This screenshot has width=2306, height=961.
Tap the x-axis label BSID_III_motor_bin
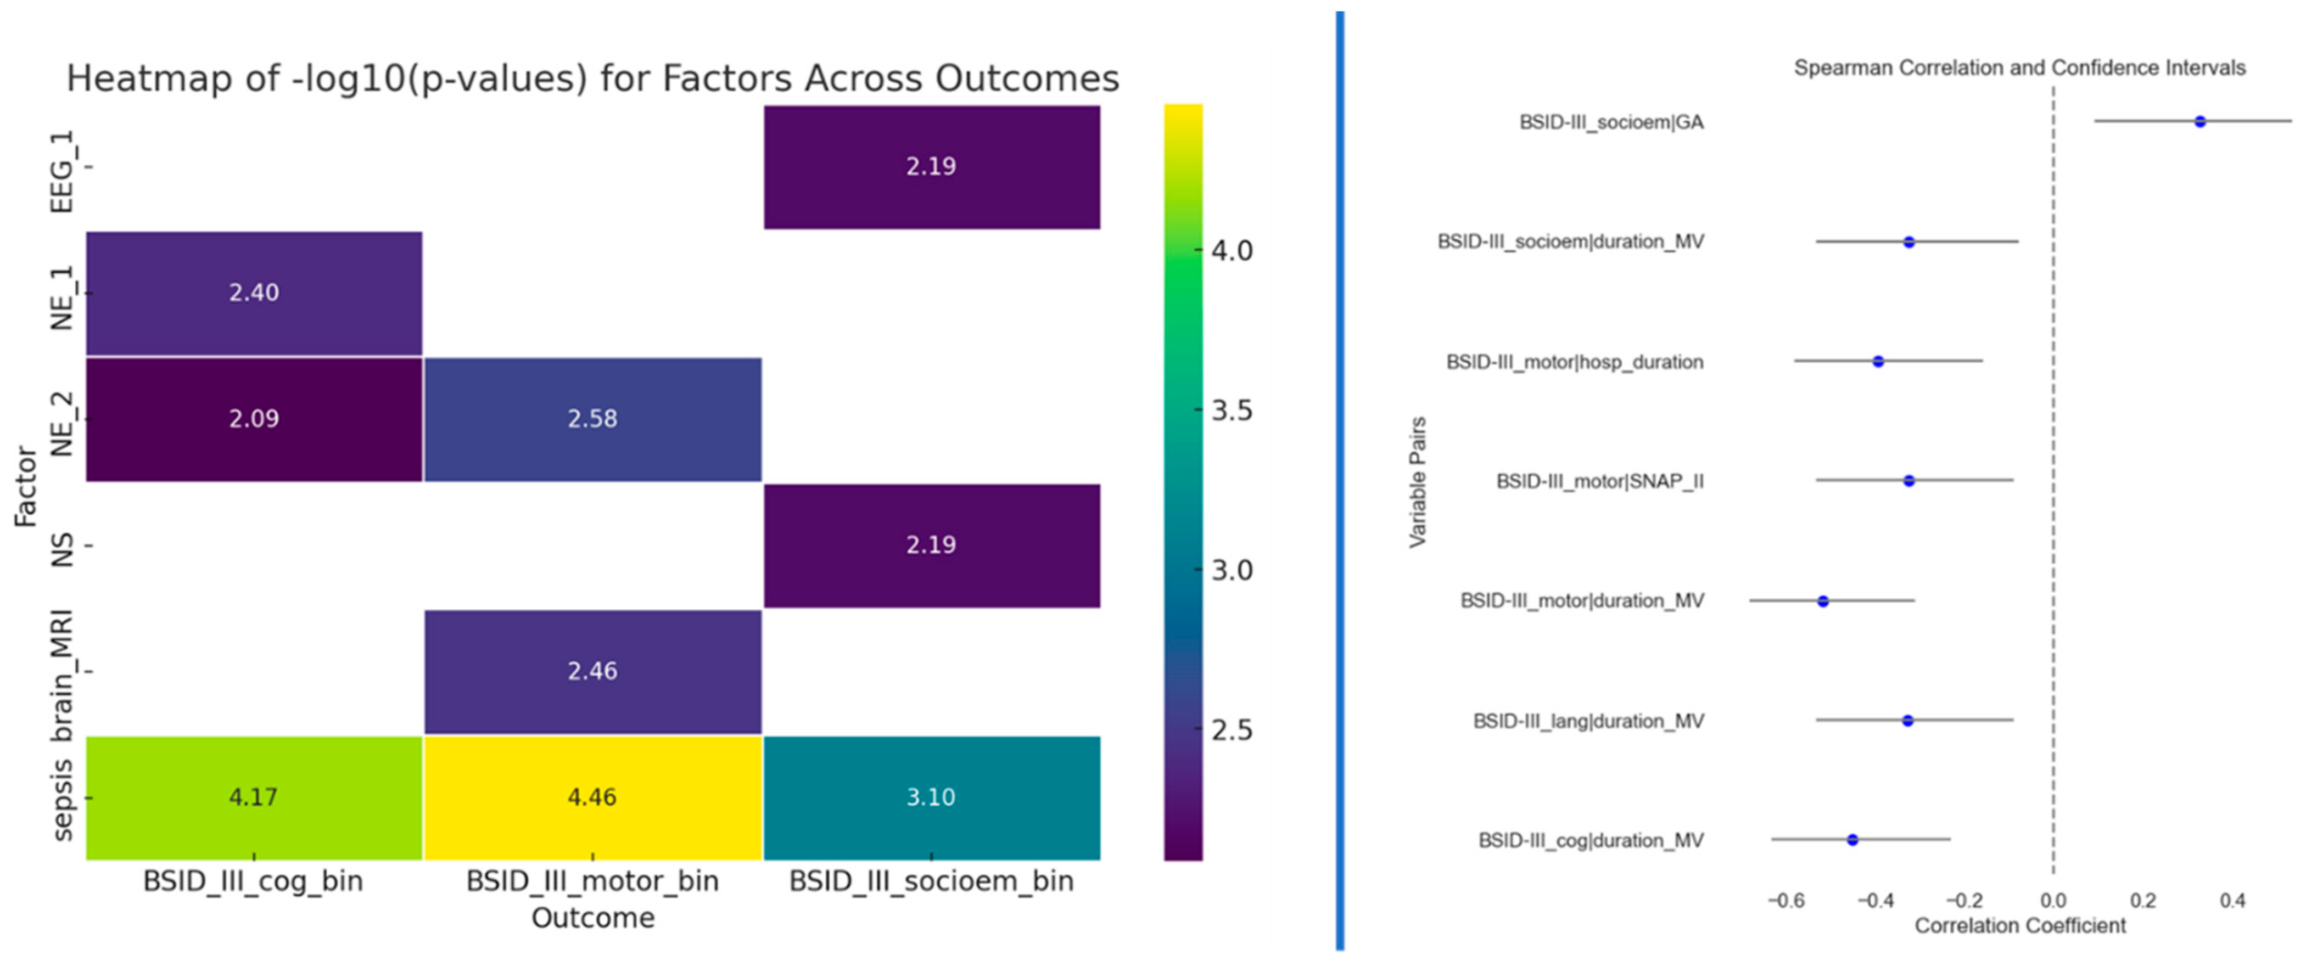point(592,881)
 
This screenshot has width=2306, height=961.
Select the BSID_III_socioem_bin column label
point(931,881)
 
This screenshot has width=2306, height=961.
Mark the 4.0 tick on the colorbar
point(1232,250)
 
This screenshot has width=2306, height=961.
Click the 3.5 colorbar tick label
point(1232,411)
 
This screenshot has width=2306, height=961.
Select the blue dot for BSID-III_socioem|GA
point(2199,122)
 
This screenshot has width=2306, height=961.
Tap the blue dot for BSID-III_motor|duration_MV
point(1823,602)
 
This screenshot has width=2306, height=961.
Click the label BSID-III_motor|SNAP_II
point(1600,481)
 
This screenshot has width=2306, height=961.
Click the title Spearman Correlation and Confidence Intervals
point(2019,68)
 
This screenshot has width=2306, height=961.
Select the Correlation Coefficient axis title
point(2019,926)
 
